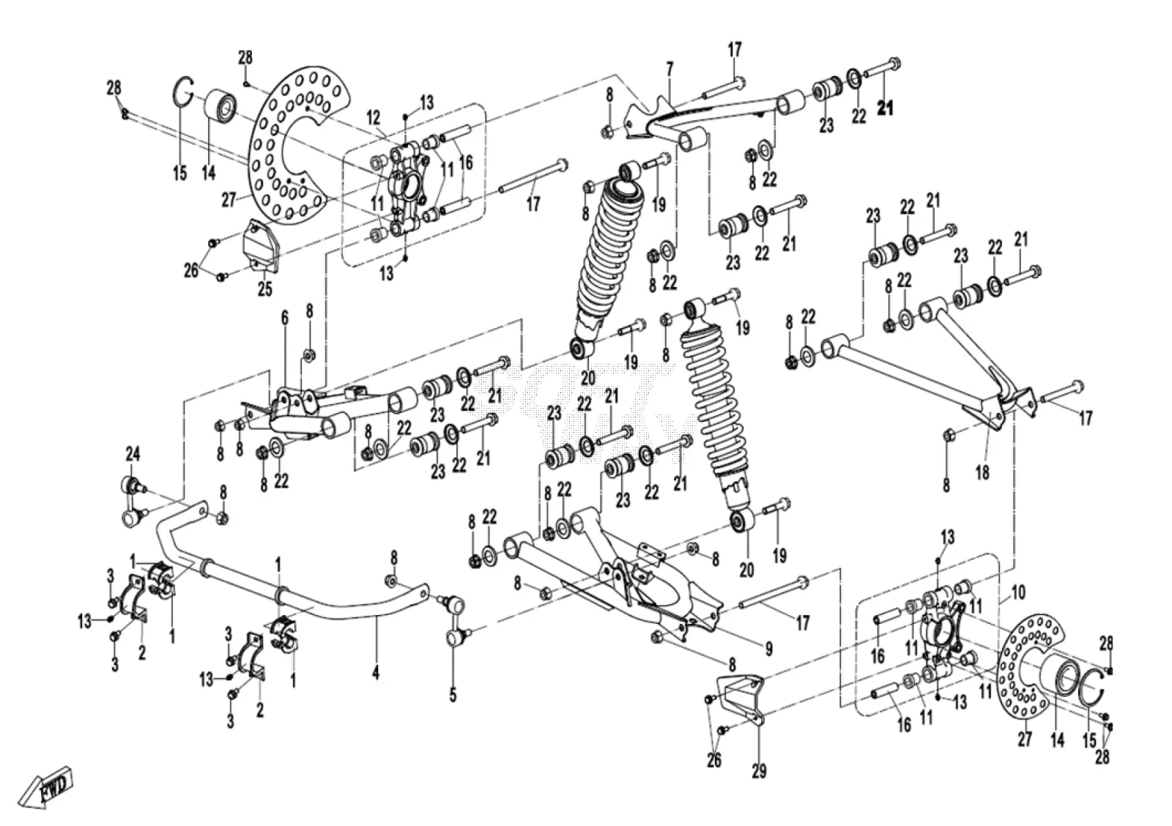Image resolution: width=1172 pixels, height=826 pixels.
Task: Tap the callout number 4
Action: coord(376,672)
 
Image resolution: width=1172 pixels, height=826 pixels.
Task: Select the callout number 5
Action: coord(453,695)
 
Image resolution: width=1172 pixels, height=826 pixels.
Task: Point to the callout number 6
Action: coord(285,318)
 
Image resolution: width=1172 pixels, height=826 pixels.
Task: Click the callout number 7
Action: coord(670,70)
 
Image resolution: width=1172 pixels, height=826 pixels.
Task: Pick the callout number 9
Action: coord(768,650)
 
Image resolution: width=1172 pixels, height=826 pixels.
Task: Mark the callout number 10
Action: coord(1018,592)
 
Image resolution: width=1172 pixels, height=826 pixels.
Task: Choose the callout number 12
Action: coord(373,118)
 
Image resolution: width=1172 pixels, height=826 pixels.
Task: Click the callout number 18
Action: coord(982,472)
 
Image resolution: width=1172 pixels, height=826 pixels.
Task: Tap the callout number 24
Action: coord(133,453)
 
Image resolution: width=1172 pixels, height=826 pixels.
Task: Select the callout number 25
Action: coord(264,289)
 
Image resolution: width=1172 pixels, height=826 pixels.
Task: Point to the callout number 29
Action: coord(759,770)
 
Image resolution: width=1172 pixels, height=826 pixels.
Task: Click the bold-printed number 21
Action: coord(886,108)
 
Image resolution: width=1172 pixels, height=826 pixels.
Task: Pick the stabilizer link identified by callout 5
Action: coord(454,621)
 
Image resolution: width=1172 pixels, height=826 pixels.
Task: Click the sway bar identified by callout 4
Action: coord(293,586)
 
